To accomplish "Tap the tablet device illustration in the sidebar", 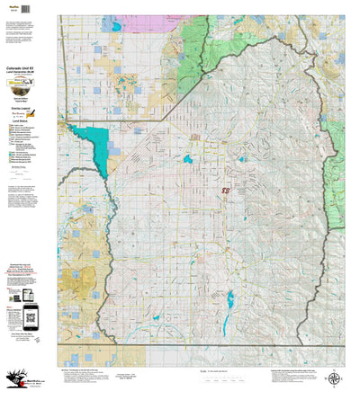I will coord(13,296).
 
